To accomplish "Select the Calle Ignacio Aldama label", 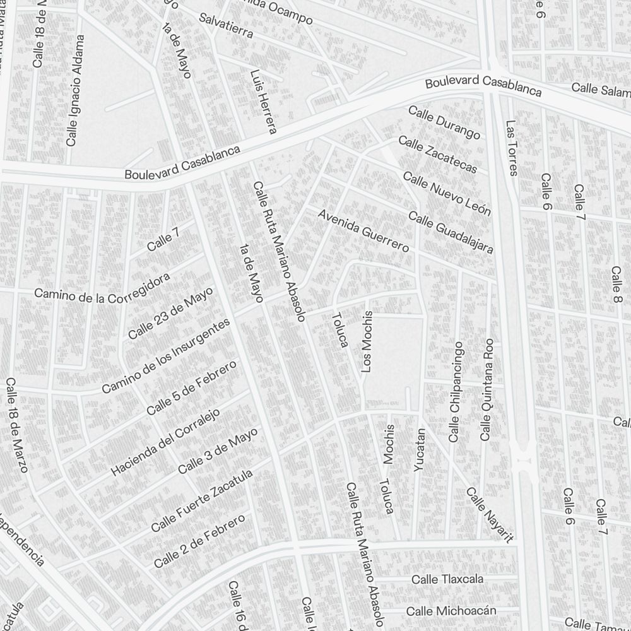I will (x=74, y=91).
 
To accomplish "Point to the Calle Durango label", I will (x=444, y=122).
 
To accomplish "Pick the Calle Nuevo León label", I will (x=447, y=194).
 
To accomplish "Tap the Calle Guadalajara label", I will (x=451, y=233).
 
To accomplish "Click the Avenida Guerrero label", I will (x=363, y=231).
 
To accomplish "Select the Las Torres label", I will (x=511, y=148).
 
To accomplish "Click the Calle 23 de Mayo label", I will (x=170, y=312).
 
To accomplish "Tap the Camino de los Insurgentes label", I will (x=165, y=356).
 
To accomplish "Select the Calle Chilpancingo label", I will (x=456, y=392).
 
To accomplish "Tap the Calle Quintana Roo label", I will (x=487, y=389).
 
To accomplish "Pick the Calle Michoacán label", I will (x=451, y=611).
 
